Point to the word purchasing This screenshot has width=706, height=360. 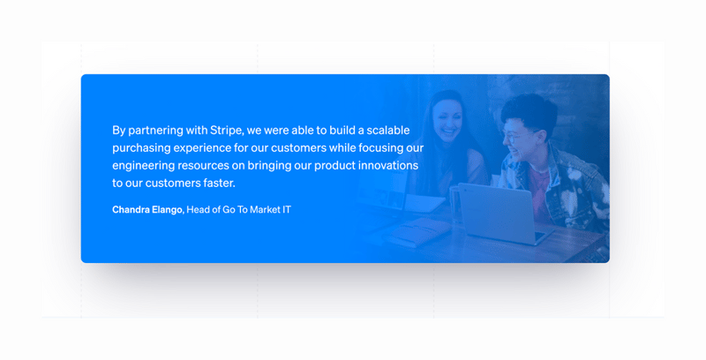[142, 147]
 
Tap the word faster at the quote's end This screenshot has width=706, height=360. [216, 183]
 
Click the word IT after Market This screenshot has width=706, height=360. [286, 210]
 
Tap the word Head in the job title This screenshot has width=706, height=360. [199, 210]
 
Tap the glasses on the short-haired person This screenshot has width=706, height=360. [514, 138]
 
